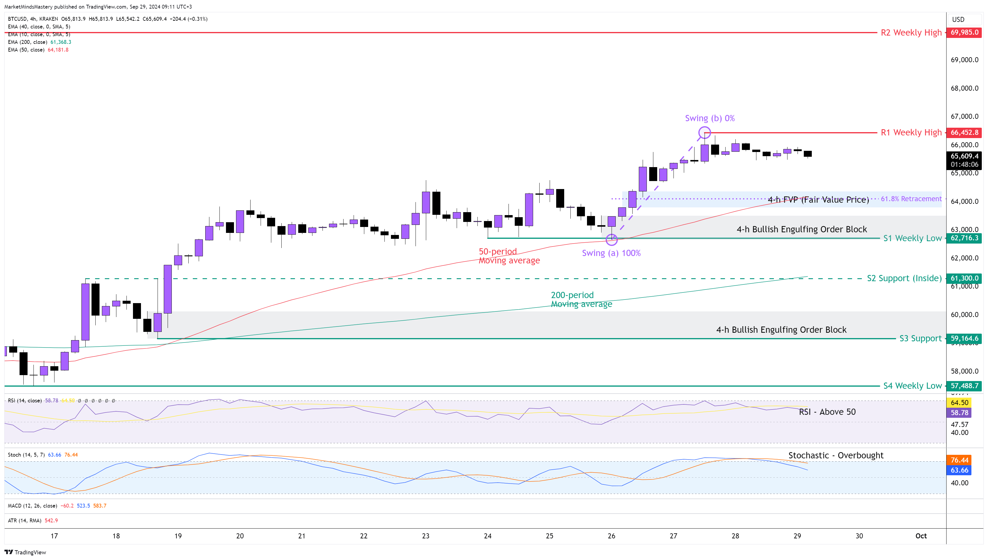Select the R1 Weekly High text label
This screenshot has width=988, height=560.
pyautogui.click(x=911, y=132)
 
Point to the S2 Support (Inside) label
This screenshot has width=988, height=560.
pyautogui.click(x=904, y=278)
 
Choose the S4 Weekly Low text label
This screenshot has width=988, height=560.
pyautogui.click(x=912, y=386)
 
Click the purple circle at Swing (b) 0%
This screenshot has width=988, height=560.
pyautogui.click(x=704, y=132)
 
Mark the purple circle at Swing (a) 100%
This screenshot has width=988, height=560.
pyautogui.click(x=611, y=240)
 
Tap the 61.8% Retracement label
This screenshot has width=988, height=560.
pyautogui.click(x=911, y=199)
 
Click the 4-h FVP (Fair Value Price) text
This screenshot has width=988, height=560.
pyautogui.click(x=818, y=200)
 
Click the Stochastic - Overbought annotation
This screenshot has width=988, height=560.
pyautogui.click(x=835, y=455)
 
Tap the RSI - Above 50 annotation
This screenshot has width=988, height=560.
pyautogui.click(x=827, y=412)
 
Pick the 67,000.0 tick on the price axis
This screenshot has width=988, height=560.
pyautogui.click(x=964, y=116)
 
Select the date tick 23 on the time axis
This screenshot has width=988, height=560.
pyautogui.click(x=426, y=536)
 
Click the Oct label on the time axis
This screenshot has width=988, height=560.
pyautogui.click(x=921, y=536)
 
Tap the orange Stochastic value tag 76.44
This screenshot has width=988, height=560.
pyautogui.click(x=959, y=460)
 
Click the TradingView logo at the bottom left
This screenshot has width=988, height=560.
pyautogui.click(x=25, y=552)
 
